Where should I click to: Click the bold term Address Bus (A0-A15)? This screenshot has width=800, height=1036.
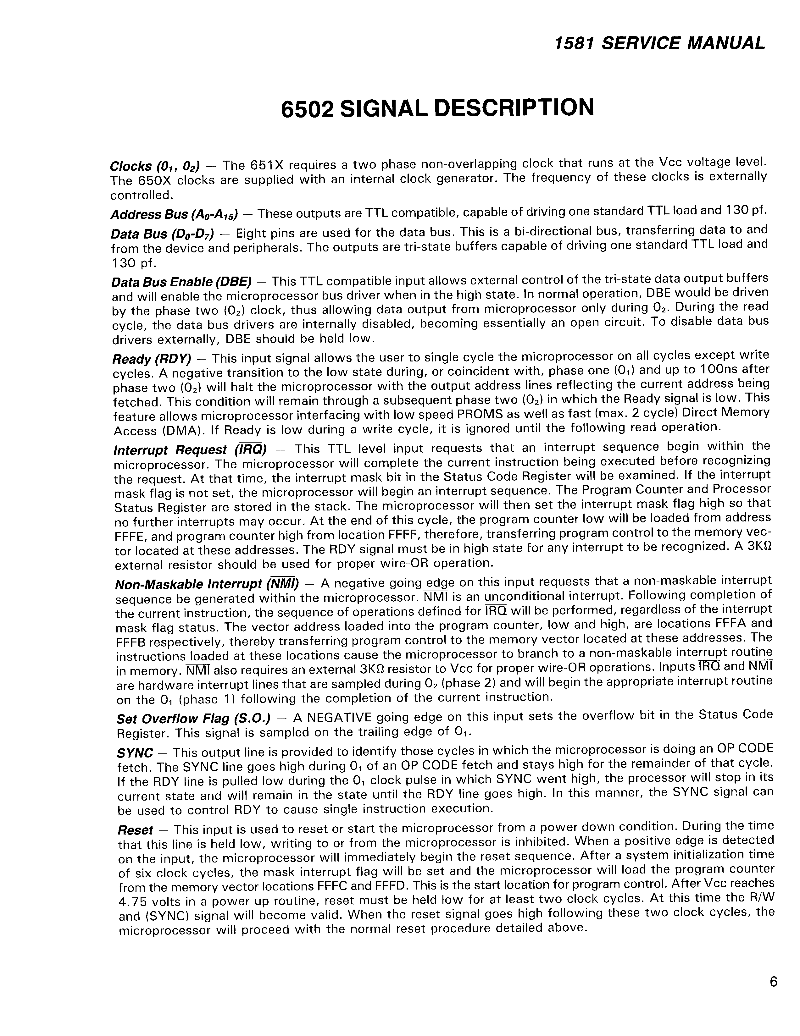pos(174,214)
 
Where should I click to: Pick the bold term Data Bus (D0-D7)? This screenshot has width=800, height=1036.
pos(162,234)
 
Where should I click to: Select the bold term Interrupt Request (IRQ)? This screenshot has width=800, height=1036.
pos(190,449)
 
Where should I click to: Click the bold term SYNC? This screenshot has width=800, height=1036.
pos(135,753)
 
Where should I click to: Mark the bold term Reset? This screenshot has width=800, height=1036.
pos(135,830)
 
